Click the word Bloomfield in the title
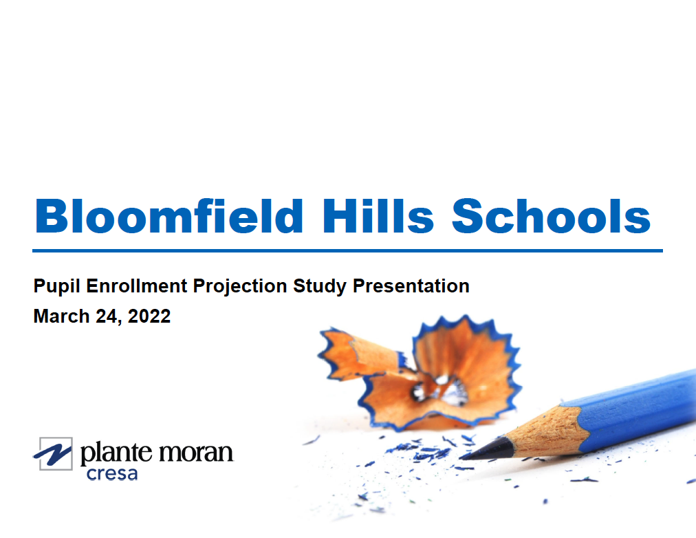tap(168, 216)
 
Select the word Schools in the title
tap(551, 216)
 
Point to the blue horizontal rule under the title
tap(347, 251)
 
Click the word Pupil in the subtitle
tap(57, 286)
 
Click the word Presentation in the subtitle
tap(411, 286)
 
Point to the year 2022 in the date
tap(148, 316)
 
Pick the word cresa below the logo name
tap(111, 473)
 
